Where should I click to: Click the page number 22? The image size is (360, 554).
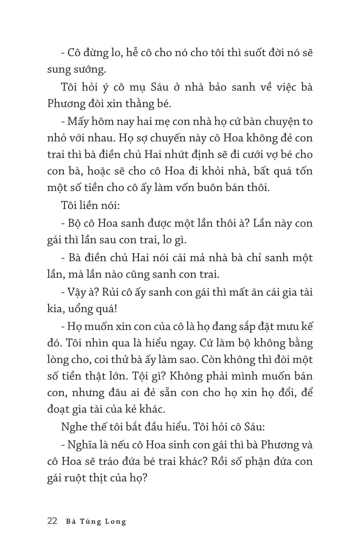(52, 521)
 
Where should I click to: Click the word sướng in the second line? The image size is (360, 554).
(89, 70)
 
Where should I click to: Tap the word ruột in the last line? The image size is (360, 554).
(80, 478)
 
